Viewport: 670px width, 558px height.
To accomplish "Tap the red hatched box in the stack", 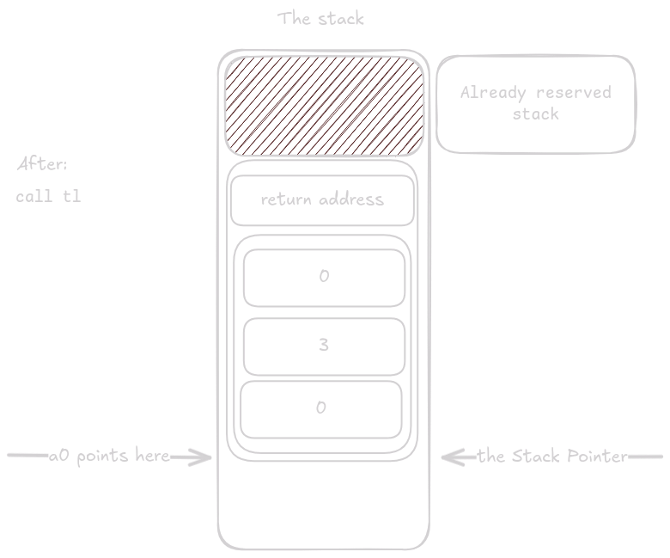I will [325, 104].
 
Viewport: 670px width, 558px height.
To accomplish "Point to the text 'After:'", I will [41, 163].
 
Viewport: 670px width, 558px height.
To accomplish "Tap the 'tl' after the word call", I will [72, 196].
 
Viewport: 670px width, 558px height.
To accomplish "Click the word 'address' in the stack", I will [350, 200].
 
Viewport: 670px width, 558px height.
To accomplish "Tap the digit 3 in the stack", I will [324, 345].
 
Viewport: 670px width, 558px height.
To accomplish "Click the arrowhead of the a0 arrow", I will [206, 457].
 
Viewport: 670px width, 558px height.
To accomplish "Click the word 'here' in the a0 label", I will [152, 457].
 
